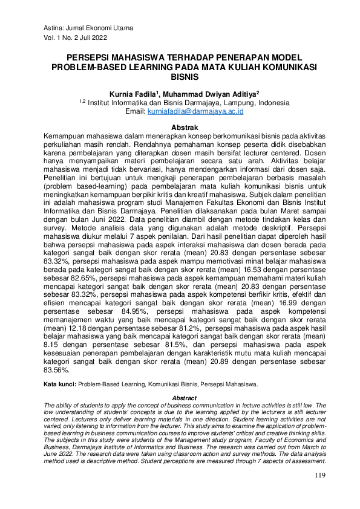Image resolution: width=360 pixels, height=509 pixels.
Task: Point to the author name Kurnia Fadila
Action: (133, 94)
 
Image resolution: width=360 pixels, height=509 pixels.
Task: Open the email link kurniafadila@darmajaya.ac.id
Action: (192, 112)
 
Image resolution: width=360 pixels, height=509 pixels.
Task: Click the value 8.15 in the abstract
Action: (53, 346)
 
